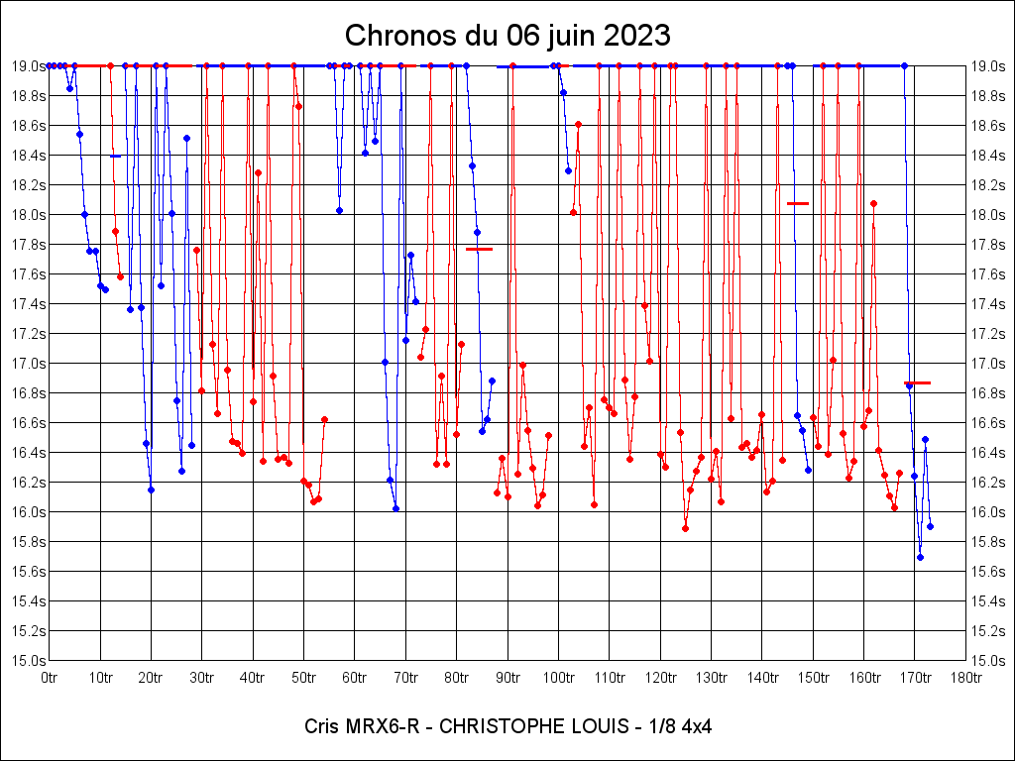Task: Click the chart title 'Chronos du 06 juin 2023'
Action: [507, 36]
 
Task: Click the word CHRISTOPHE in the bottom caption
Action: [493, 726]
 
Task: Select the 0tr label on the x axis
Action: [50, 678]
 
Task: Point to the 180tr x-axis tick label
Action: [965, 678]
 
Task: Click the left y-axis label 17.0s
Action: [28, 364]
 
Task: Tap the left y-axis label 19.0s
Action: [28, 66]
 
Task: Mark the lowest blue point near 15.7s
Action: [920, 557]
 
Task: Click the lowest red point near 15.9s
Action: [685, 528]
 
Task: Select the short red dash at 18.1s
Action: [798, 203]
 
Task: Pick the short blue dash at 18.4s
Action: [116, 156]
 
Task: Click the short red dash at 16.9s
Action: [918, 382]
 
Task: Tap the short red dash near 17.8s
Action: [479, 249]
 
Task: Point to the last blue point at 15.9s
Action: [930, 526]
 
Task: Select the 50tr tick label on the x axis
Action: [303, 678]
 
